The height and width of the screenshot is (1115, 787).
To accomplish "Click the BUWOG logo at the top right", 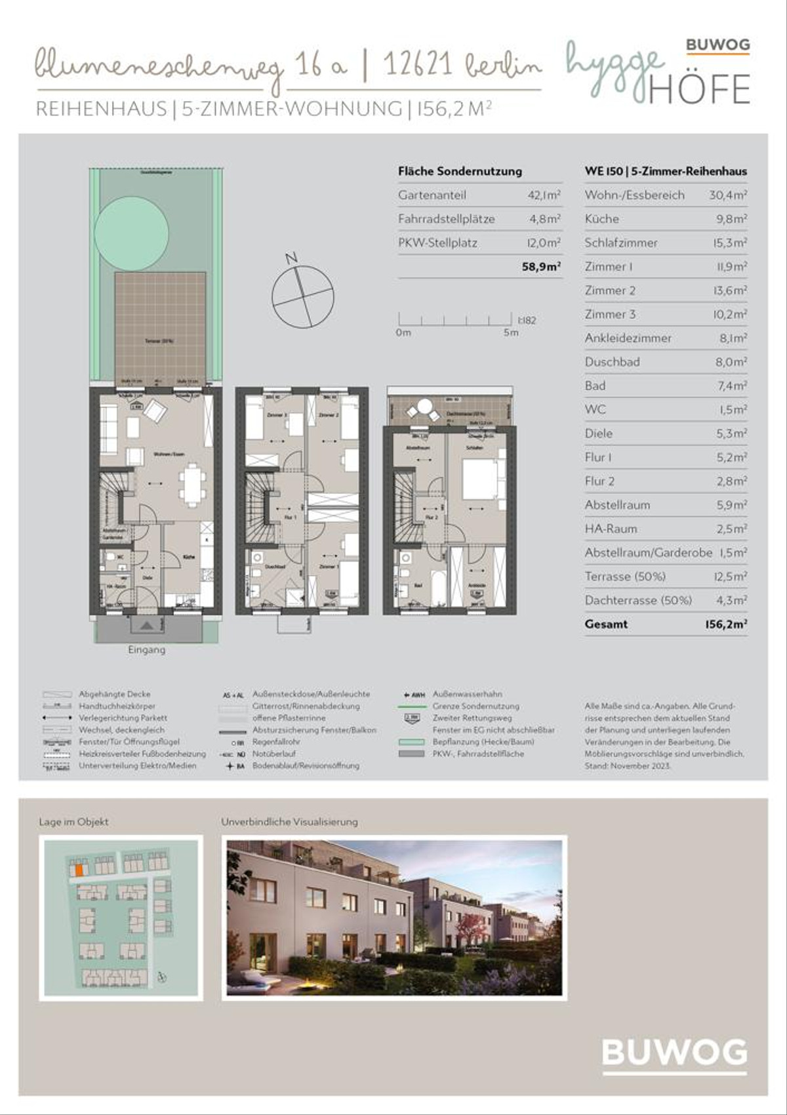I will [x=717, y=45].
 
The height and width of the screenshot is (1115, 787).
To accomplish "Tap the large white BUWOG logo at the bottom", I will [x=674, y=1053].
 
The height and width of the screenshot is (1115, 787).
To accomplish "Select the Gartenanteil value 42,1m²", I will [x=544, y=195].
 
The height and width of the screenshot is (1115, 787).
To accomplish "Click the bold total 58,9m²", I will [x=541, y=267].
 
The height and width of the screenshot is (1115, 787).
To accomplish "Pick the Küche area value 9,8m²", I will [x=731, y=219].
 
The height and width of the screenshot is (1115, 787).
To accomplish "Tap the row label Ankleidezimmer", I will [x=628, y=338].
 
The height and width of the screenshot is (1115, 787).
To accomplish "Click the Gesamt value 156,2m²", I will [x=725, y=624].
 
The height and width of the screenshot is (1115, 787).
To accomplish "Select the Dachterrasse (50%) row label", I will [x=637, y=600].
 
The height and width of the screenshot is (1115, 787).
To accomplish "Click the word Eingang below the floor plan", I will [x=146, y=650].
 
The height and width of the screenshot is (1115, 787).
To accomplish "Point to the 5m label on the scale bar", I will [x=511, y=333].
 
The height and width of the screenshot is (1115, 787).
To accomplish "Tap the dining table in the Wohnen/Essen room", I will [x=192, y=485].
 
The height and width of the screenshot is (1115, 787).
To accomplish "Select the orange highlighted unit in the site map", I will [x=78, y=870].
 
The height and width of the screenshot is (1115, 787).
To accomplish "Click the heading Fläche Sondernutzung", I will [x=460, y=171].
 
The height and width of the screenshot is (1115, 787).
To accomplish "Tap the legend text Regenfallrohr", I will [x=275, y=742].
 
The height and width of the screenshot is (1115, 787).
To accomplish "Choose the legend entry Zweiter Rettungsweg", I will [x=472, y=718].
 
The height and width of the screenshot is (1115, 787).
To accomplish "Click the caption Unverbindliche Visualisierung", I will [x=289, y=822].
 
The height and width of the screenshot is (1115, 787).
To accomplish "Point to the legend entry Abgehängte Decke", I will [x=114, y=694].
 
